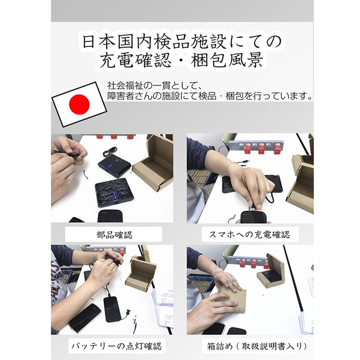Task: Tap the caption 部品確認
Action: point(114,235)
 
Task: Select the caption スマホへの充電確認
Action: point(250,234)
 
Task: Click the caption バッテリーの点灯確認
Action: point(117,346)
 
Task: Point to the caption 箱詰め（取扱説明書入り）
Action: point(257,346)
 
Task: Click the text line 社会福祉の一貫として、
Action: point(154,86)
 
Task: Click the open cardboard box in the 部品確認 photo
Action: point(154,165)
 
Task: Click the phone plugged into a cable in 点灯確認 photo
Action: point(112,309)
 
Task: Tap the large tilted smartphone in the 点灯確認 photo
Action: point(85,318)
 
